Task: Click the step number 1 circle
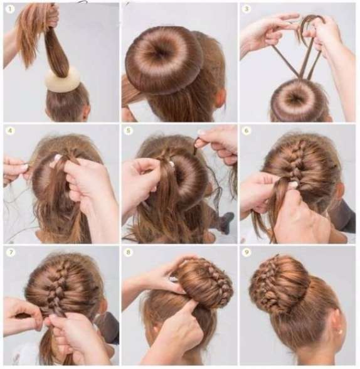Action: pos(10,9)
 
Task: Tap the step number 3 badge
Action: pos(246,9)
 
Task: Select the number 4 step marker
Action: pos(10,131)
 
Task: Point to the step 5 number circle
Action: pos(128,131)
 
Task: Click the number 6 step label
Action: pos(246,131)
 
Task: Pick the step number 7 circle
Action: pos(10,252)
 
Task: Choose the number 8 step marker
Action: pos(128,252)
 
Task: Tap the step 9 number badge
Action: pos(246,252)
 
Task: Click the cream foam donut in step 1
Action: pos(62,80)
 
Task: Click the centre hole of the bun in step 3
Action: pos(295,97)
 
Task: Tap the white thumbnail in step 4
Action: pos(58,158)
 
